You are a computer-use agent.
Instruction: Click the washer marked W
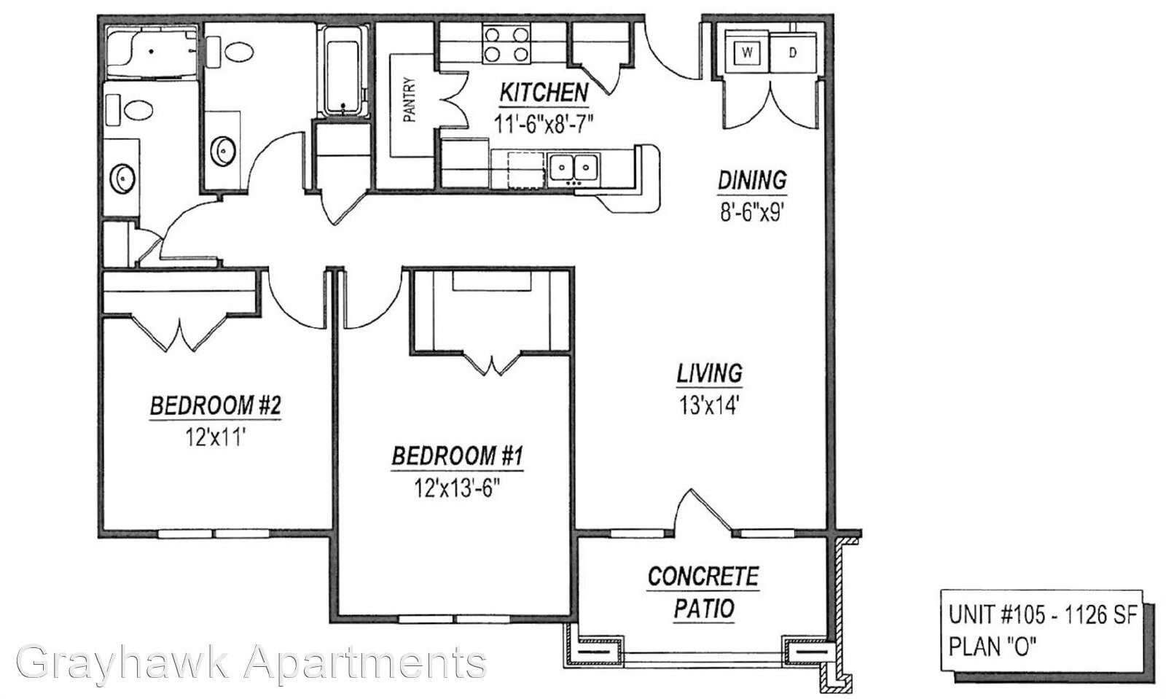[747, 52]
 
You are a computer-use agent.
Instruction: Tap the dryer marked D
[793, 52]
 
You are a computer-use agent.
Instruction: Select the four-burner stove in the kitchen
[506, 44]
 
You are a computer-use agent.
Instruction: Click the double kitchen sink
[574, 168]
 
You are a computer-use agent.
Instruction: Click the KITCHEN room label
[544, 93]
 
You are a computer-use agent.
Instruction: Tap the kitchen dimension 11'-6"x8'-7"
[544, 124]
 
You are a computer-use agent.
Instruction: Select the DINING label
[752, 181]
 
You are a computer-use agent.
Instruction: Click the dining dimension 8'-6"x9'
[751, 212]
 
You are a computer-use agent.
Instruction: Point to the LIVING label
[710, 374]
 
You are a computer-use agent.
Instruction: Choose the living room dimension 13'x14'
[709, 405]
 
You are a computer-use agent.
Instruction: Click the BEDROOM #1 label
[457, 456]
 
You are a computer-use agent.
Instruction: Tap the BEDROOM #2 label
[216, 405]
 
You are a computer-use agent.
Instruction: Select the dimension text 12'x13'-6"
[457, 488]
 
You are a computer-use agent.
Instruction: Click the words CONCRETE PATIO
[703, 593]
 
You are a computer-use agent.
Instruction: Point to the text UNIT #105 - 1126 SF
[1043, 615]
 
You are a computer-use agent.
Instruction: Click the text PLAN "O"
[992, 647]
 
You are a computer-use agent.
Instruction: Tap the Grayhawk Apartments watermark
[251, 663]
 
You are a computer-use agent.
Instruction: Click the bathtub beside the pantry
[343, 70]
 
